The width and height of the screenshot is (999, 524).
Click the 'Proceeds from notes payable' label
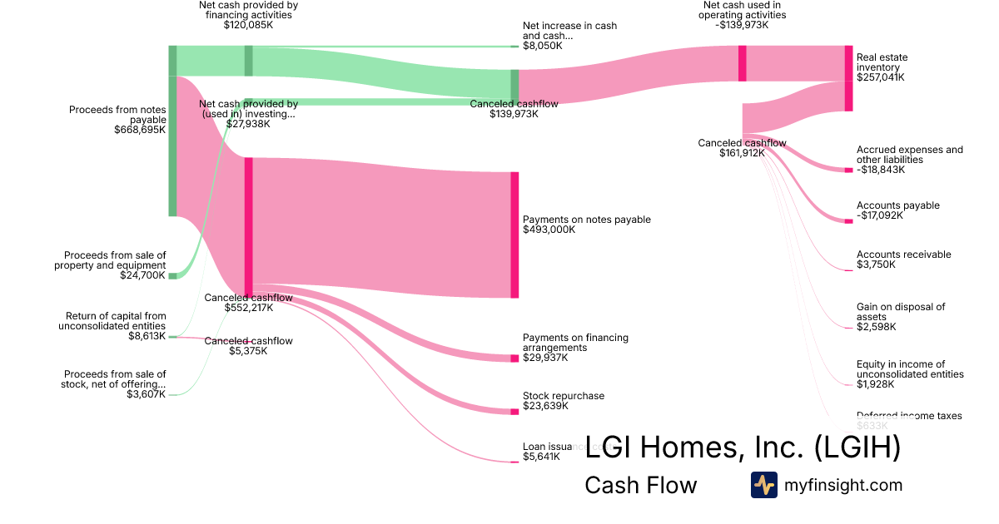click(x=117, y=115)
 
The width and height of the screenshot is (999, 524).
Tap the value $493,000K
click(x=549, y=230)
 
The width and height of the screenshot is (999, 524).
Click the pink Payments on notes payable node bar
click(x=514, y=235)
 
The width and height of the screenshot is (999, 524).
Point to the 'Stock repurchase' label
click(x=564, y=396)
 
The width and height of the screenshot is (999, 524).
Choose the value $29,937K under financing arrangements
click(x=545, y=358)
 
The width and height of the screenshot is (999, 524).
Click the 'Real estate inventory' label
click(x=882, y=62)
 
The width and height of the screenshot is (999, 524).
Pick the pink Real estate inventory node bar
click(x=848, y=78)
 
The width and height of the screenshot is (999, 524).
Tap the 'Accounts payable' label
click(x=898, y=205)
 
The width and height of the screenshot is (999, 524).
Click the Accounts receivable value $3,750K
click(x=876, y=264)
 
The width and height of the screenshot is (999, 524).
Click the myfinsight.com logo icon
click(x=763, y=485)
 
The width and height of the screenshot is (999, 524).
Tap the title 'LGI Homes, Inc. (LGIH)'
click(x=743, y=448)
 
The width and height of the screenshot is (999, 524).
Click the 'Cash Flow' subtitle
click(x=640, y=485)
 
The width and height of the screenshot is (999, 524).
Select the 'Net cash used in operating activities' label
click(x=743, y=10)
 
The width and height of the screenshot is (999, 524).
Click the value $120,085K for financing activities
click(x=249, y=25)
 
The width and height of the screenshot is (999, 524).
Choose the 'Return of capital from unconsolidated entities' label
click(x=112, y=321)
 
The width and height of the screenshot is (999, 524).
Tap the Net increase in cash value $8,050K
click(x=542, y=46)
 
